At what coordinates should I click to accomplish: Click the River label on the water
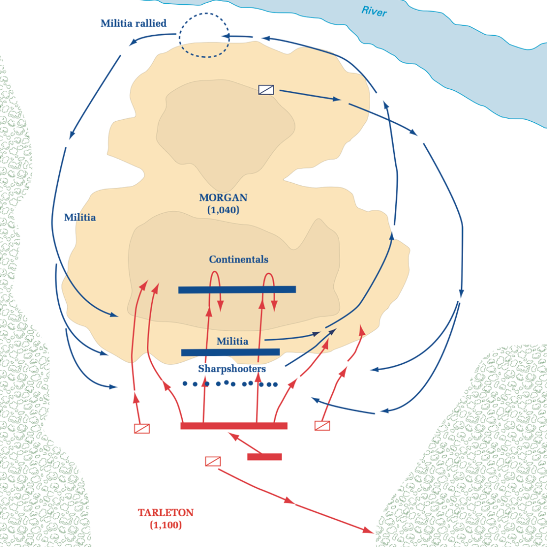[x=373, y=11]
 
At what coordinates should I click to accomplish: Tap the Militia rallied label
[x=134, y=24]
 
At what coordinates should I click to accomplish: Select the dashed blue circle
[x=204, y=36]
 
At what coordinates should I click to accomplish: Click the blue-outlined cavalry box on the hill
[x=266, y=90]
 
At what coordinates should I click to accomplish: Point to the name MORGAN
[x=223, y=198]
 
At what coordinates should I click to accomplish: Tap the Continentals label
[x=238, y=260]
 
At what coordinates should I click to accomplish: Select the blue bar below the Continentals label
[x=237, y=290]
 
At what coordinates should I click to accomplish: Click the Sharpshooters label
[x=232, y=369]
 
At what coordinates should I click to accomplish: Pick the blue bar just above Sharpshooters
[x=230, y=352]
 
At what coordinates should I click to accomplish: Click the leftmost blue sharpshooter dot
[x=185, y=383]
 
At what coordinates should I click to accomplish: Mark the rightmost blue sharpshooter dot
[x=275, y=385]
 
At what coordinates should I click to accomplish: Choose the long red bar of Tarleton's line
[x=234, y=426]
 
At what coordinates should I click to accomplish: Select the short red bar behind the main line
[x=264, y=457]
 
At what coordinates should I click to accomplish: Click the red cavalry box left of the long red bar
[x=142, y=428]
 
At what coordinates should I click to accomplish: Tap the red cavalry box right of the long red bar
[x=322, y=426]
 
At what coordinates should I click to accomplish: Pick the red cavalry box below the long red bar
[x=213, y=461]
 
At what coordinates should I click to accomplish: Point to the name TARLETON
[x=166, y=513]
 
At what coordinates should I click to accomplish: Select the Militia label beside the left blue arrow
[x=80, y=218]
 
